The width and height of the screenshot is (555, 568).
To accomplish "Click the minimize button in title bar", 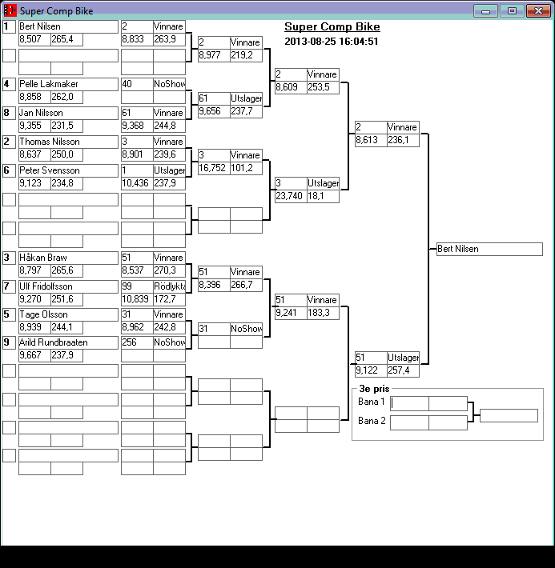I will [485, 11].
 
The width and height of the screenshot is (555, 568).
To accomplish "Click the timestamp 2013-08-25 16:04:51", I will [331, 42].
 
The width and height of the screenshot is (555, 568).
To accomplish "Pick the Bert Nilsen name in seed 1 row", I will [67, 26].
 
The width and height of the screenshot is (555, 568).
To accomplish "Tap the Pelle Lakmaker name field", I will [67, 84].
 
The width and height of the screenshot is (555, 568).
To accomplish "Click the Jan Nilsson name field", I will [67, 113].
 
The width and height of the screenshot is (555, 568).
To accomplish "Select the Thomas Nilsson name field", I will [67, 142].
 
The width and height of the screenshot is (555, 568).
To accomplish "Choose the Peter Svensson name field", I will [67, 170].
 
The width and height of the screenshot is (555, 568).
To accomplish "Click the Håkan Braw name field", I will [67, 257].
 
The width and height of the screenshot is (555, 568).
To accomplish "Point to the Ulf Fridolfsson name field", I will [67, 286].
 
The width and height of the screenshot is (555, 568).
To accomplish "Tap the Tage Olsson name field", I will [67, 314].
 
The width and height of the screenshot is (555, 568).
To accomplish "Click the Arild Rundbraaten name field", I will [67, 342].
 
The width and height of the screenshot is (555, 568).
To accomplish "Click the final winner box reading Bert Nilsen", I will [489, 249].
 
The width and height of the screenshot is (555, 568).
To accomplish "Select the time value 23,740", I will [290, 195].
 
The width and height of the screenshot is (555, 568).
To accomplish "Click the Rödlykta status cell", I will [169, 286].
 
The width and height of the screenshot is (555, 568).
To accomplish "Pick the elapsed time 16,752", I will [213, 167].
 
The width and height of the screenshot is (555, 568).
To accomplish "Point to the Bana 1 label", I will [372, 402].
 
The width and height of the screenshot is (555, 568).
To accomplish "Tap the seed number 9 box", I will [9, 342].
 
